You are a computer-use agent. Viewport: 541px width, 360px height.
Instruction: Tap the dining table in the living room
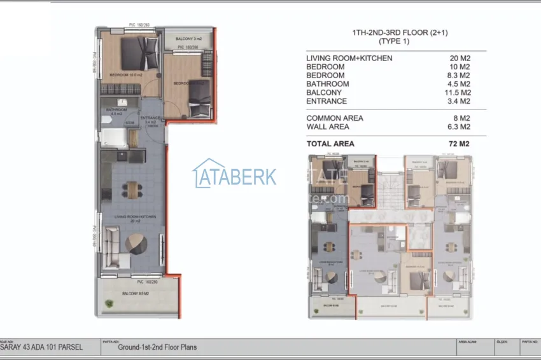coord(132,189)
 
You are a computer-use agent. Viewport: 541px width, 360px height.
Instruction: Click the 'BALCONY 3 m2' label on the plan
coord(188,39)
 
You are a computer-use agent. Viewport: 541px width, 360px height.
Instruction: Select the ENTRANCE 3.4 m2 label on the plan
coord(150,120)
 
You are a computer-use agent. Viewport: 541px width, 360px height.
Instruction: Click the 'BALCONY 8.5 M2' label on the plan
coord(135,293)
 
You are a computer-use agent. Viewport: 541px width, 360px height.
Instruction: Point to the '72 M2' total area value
coord(458,144)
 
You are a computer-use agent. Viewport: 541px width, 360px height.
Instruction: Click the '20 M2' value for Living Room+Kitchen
coord(460,59)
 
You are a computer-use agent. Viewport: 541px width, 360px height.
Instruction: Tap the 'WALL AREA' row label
coord(329,127)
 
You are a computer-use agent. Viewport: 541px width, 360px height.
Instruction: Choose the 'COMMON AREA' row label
coord(335,118)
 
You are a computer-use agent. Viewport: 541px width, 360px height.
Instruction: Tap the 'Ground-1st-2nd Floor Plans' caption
coord(157,347)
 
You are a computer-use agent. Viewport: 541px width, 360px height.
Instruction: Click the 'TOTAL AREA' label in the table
coord(330,144)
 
